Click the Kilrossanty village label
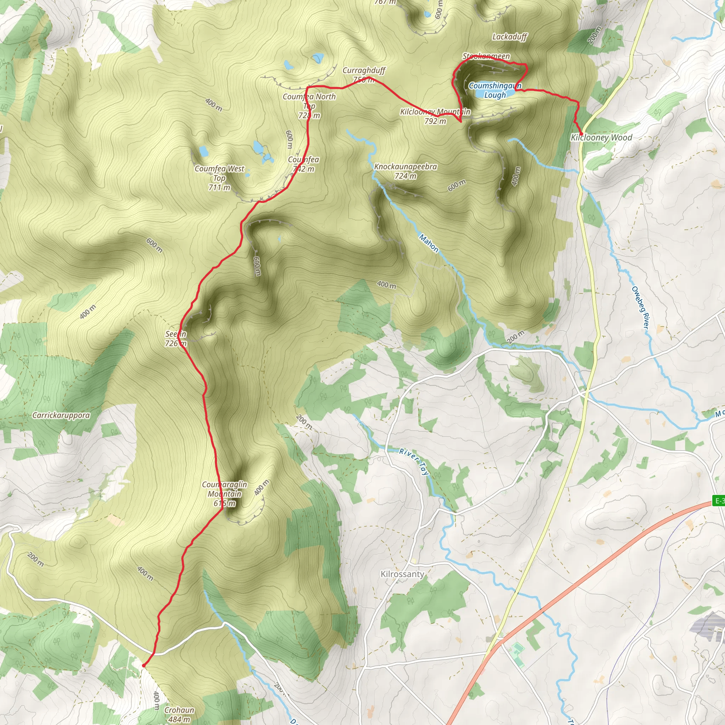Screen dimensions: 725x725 [402, 574]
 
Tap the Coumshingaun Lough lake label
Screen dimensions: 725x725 [495, 90]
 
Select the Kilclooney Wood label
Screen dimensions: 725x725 [601, 137]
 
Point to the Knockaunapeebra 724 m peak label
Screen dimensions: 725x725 [405, 171]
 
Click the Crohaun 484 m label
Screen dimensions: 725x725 [179, 714]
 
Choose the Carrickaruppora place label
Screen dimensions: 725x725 [61, 415]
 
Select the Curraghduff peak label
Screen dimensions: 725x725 [364, 70]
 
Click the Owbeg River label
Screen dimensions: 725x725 [640, 308]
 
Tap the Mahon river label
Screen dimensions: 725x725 [429, 243]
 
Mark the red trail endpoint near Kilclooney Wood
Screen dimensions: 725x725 [581, 134]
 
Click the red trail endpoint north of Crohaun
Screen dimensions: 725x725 [144, 666]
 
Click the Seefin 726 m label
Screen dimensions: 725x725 [176, 338]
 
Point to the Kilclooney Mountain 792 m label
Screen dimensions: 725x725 [435, 116]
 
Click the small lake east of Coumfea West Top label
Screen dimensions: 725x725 [259, 147]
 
